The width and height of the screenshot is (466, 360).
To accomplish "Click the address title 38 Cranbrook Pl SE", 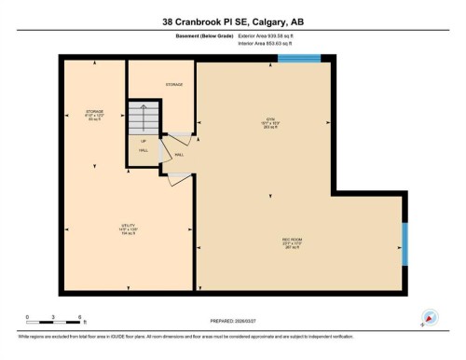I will point(233,21).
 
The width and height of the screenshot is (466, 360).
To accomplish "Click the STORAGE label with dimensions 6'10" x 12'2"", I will point(94,115).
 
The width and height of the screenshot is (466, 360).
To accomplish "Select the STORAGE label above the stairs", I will point(174,84).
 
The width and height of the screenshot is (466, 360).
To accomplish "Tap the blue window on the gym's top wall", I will point(300,58).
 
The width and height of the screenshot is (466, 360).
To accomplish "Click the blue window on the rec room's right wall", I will point(404,243).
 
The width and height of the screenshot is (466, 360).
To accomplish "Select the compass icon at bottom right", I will point(430,316).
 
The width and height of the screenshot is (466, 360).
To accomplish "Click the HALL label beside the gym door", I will point(178,155).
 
